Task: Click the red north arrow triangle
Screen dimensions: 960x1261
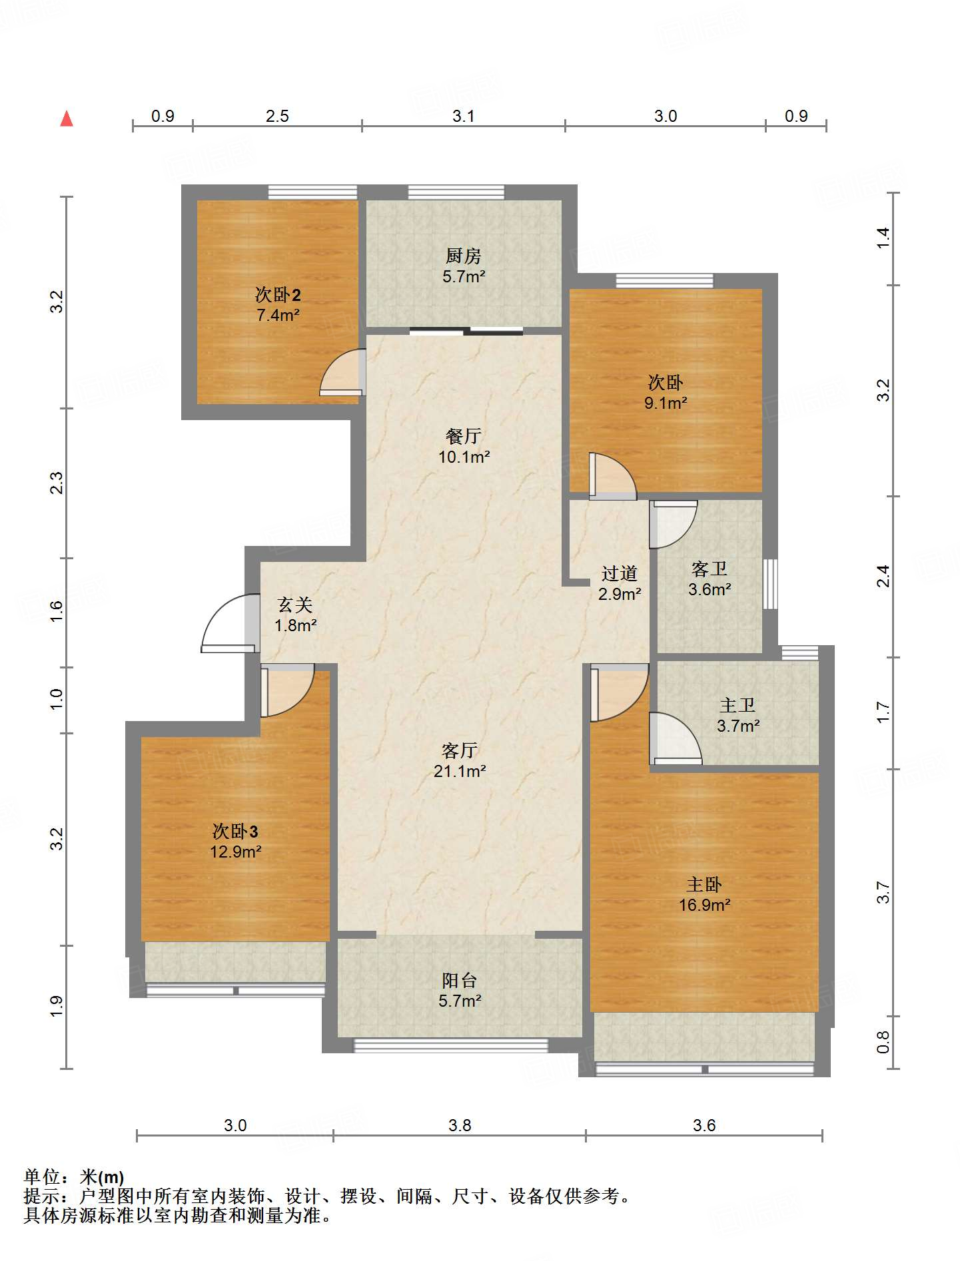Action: coord(67,119)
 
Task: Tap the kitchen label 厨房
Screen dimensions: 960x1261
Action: coord(463,256)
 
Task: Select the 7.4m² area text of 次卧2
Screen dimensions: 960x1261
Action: coord(278,315)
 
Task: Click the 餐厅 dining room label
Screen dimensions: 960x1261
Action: coord(464,436)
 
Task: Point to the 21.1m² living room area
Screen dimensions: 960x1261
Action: coord(460,771)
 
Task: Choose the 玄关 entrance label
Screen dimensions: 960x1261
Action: coord(295,605)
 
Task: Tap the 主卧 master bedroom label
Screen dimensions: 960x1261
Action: coord(704,884)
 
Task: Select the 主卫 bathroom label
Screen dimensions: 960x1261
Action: coord(737,705)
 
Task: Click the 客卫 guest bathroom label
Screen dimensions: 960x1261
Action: coord(710,569)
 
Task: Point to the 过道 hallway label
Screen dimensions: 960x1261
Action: coord(620,573)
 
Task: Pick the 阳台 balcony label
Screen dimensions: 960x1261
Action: coord(460,980)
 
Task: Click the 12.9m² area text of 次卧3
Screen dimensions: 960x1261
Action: coord(235,852)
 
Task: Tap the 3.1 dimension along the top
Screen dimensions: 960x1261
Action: coord(463,116)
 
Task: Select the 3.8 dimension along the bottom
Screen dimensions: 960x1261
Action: coord(460,1125)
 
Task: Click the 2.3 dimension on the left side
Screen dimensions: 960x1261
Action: coord(57,483)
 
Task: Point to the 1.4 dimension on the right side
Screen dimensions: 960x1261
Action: coord(883,238)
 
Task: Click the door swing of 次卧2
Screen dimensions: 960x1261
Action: coord(342,373)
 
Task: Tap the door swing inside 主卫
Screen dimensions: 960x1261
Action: coord(676,738)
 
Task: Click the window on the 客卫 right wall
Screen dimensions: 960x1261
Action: coord(770,584)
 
